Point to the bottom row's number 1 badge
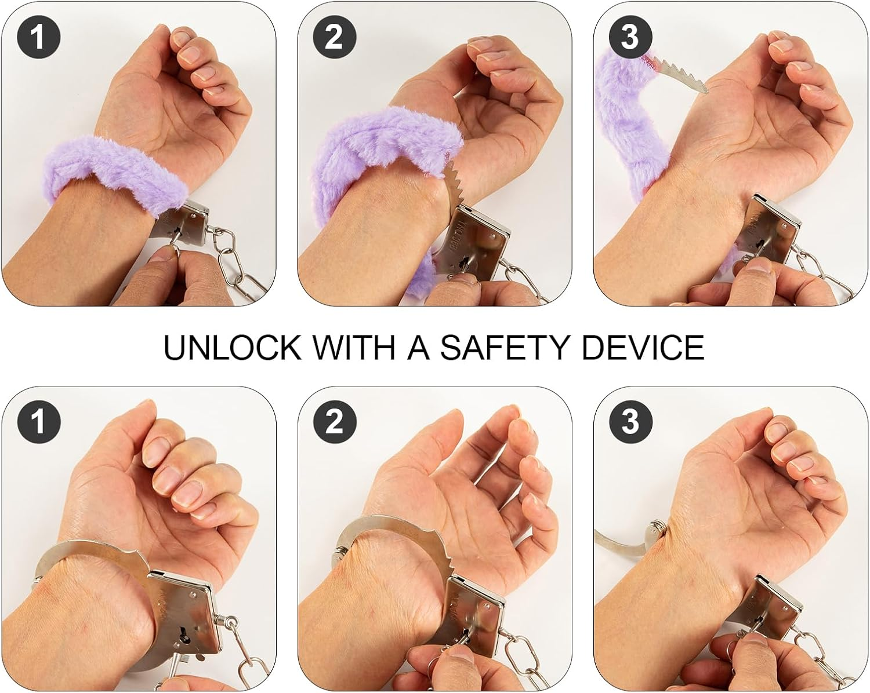38,421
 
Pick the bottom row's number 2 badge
334,421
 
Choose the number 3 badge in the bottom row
629,421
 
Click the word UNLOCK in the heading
233,348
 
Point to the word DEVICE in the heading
643,348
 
